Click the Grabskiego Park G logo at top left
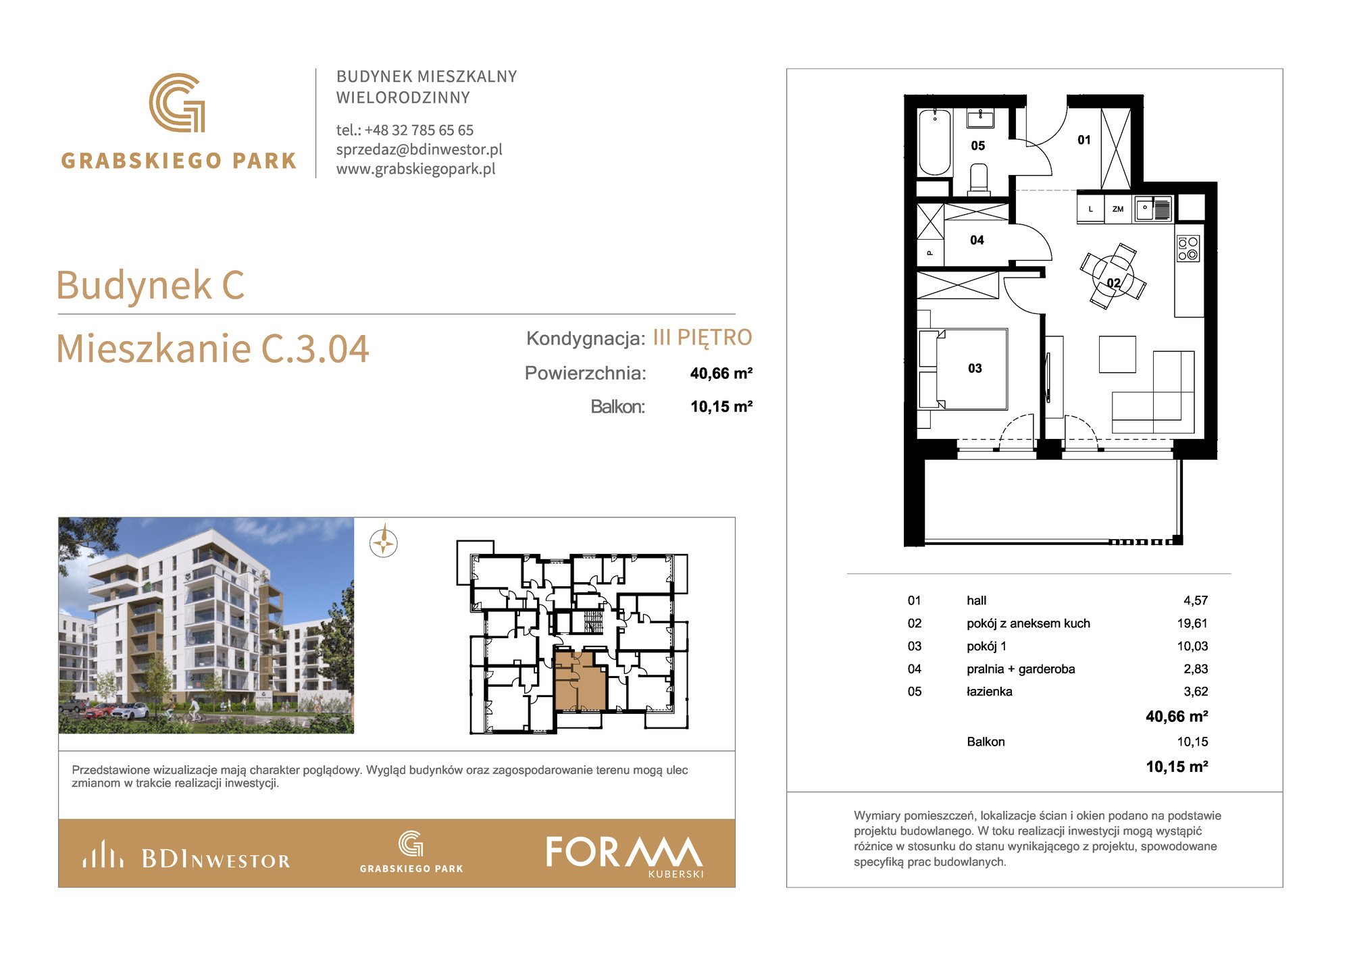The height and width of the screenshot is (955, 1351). (x=177, y=103)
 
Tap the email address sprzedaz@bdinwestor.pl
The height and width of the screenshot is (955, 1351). (x=419, y=149)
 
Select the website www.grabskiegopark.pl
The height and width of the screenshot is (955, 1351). (x=416, y=169)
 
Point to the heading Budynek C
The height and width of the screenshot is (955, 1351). (x=150, y=284)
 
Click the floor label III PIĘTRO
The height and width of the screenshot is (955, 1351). (x=703, y=338)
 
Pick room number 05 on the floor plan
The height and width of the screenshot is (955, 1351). (x=977, y=145)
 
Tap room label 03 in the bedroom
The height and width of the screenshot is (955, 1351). (x=975, y=368)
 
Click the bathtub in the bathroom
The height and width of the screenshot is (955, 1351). (x=935, y=142)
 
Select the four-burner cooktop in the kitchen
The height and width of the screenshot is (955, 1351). (x=1188, y=248)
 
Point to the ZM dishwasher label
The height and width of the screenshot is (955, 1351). (x=1118, y=209)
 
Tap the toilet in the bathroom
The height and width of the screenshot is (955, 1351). (x=978, y=180)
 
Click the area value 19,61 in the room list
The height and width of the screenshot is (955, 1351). (x=1192, y=623)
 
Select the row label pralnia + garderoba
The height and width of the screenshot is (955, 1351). (x=1021, y=669)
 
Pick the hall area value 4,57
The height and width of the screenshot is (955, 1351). (x=1196, y=600)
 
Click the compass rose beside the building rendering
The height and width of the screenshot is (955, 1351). (x=384, y=542)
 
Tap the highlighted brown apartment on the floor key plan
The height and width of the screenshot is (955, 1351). (x=579, y=681)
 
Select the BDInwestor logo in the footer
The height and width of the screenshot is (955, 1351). (x=186, y=855)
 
